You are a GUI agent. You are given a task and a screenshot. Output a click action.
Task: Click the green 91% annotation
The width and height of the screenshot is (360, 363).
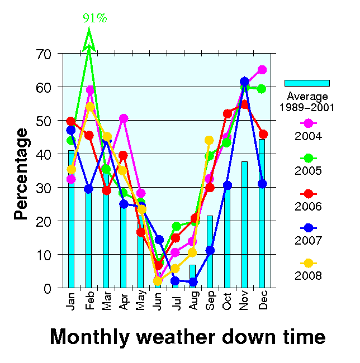95,18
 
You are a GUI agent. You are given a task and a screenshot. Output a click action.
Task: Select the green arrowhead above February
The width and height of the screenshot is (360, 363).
88,41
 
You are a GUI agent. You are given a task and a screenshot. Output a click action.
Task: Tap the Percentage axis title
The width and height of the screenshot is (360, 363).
21,174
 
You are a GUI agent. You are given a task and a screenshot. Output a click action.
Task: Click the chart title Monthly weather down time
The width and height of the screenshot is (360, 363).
187,337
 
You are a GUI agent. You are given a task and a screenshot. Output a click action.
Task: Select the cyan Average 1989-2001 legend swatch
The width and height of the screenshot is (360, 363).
306,83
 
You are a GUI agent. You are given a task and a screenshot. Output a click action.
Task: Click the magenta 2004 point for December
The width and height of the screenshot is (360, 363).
262,70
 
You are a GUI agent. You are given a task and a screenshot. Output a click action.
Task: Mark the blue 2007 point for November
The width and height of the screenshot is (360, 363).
244,82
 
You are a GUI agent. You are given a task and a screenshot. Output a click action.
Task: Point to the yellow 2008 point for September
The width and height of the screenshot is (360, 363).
210,140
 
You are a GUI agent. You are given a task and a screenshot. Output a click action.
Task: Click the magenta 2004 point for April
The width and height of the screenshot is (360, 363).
124,118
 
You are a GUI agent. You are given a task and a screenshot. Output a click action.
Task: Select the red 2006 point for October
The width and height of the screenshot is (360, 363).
227,114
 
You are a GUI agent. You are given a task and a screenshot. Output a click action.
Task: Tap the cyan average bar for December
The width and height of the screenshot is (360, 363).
262,213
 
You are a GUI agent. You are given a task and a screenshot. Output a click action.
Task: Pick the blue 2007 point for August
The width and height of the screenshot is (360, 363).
193,282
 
